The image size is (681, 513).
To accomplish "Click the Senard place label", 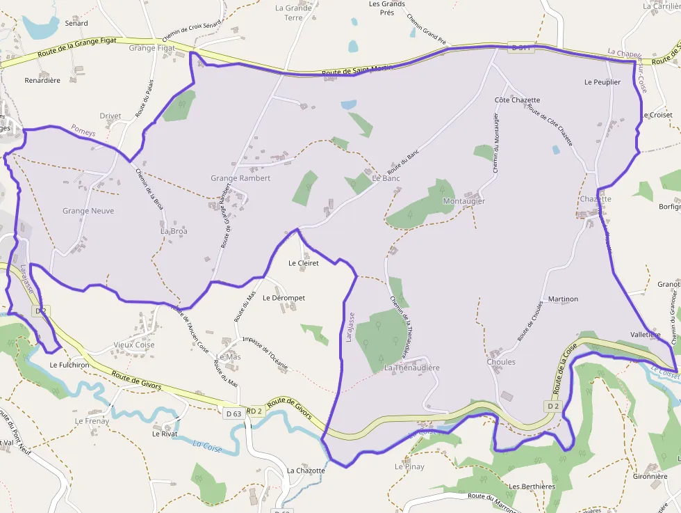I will [x=76, y=23].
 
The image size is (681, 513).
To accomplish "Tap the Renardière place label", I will [x=42, y=80].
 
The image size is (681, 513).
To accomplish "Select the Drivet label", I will [x=110, y=116].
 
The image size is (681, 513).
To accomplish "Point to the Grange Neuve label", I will [x=88, y=211].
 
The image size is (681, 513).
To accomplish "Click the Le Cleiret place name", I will [x=304, y=263].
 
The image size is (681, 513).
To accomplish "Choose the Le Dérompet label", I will [x=284, y=298].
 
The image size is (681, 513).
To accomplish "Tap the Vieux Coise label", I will [x=134, y=345].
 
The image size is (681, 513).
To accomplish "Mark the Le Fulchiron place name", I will [x=71, y=364].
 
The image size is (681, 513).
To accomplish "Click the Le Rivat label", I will [x=165, y=434].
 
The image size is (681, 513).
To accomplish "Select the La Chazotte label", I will [x=306, y=471].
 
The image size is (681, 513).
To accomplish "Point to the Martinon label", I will [x=563, y=299].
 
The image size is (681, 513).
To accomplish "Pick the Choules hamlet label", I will [x=501, y=362].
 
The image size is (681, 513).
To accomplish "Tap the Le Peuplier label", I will [x=602, y=82].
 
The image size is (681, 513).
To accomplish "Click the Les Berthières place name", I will [x=532, y=487].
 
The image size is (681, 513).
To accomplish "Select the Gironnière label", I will [x=650, y=478].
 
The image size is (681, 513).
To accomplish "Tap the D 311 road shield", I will [x=520, y=48].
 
